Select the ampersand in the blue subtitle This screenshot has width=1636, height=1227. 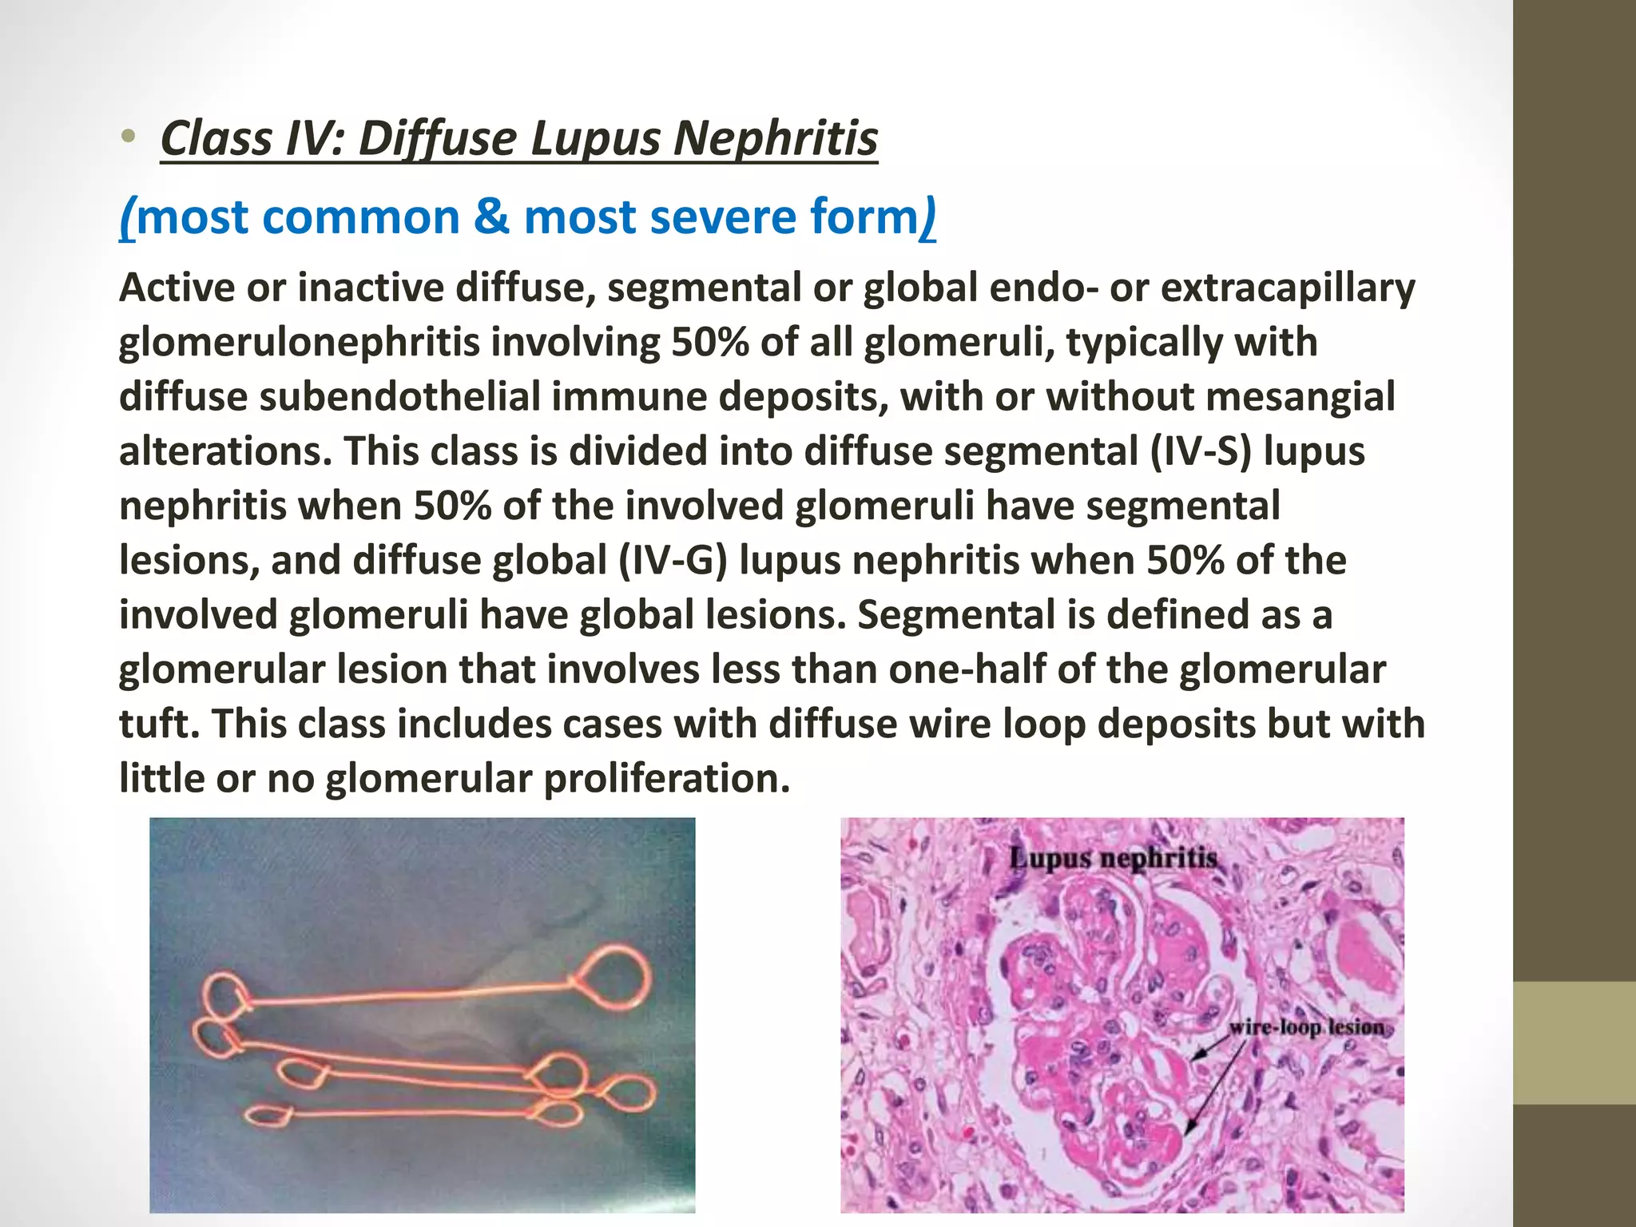[490, 217]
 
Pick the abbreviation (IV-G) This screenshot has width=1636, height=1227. [673, 561]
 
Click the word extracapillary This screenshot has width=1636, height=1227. [1288, 288]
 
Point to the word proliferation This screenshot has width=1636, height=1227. [667, 779]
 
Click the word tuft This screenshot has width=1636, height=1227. [159, 724]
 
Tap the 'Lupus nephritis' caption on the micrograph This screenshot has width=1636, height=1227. [1113, 860]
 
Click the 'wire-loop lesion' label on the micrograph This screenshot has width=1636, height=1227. [1307, 1027]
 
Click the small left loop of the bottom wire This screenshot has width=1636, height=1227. [266, 1115]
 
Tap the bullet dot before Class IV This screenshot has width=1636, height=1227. [129, 138]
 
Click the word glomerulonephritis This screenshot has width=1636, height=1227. [300, 343]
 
